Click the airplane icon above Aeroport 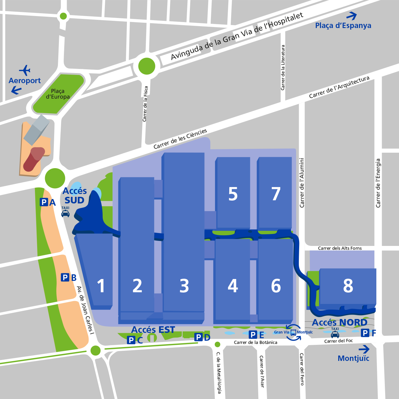25,70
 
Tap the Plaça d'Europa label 58,94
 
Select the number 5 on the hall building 233,194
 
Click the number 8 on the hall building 348,286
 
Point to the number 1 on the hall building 101,286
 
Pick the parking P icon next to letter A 44,202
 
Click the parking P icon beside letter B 65,277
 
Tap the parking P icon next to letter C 131,340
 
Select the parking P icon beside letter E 253,334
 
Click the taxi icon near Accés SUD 66,213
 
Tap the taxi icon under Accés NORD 335,334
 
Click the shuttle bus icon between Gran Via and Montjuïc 293,332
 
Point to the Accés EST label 153,330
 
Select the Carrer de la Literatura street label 283,67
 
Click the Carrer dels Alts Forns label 340,248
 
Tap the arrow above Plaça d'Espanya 351,16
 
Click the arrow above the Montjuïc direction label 364,349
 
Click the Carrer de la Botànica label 255,342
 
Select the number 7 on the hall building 276,194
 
